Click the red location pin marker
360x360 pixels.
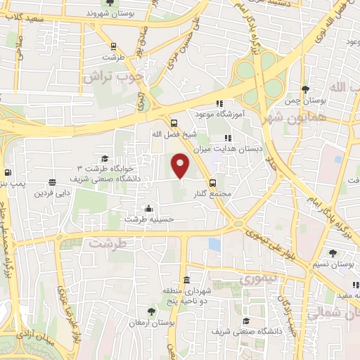click(x=181, y=166)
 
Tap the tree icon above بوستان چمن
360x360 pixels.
click(x=304, y=89)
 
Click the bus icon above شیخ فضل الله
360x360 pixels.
click(x=174, y=122)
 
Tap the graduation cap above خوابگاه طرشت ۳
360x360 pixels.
click(x=105, y=158)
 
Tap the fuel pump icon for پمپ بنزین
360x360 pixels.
click(x=7, y=172)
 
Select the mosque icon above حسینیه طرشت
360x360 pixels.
click(x=148, y=208)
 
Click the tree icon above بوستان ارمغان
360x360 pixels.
click(x=151, y=311)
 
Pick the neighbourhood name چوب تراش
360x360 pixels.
click(x=112, y=76)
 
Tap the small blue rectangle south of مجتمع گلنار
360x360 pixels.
click(x=214, y=244)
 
